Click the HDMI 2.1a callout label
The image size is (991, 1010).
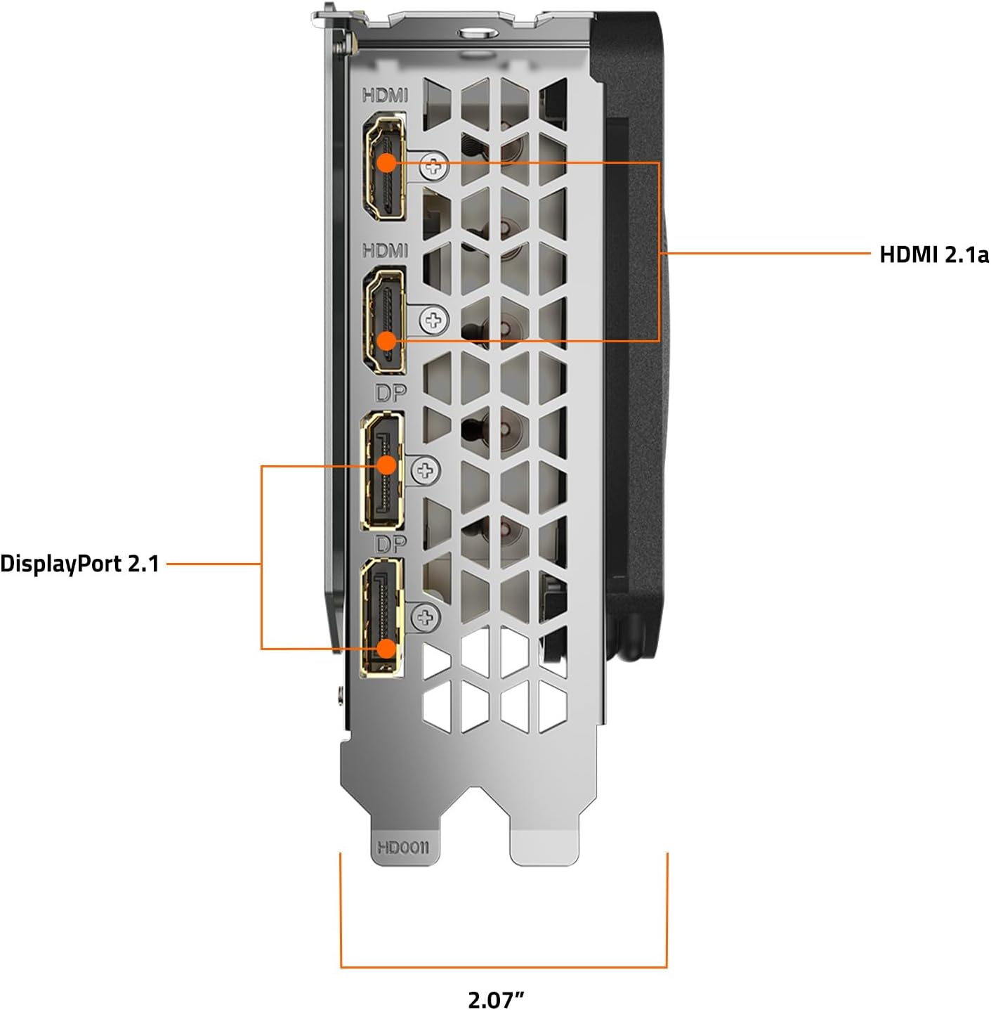[x=934, y=254]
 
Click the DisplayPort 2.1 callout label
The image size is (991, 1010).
[x=79, y=564]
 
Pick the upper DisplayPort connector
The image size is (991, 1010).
[x=382, y=471]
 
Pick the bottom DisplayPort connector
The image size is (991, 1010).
[x=382, y=617]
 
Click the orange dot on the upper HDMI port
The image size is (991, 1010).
[x=386, y=162]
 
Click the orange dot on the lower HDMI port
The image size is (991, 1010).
[x=386, y=341]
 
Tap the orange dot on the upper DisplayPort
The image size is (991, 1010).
[x=386, y=465]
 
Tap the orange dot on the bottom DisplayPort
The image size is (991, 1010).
[x=386, y=649]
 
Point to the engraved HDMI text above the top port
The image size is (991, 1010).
[x=385, y=96]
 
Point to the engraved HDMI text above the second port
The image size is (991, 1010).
[x=385, y=250]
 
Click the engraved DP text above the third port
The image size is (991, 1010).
[x=391, y=394]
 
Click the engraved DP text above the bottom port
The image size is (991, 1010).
[x=391, y=545]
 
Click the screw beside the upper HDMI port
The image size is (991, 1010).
[x=434, y=167]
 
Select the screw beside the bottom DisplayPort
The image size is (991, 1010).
[x=426, y=617]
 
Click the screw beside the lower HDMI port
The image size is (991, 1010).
[x=434, y=320]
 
